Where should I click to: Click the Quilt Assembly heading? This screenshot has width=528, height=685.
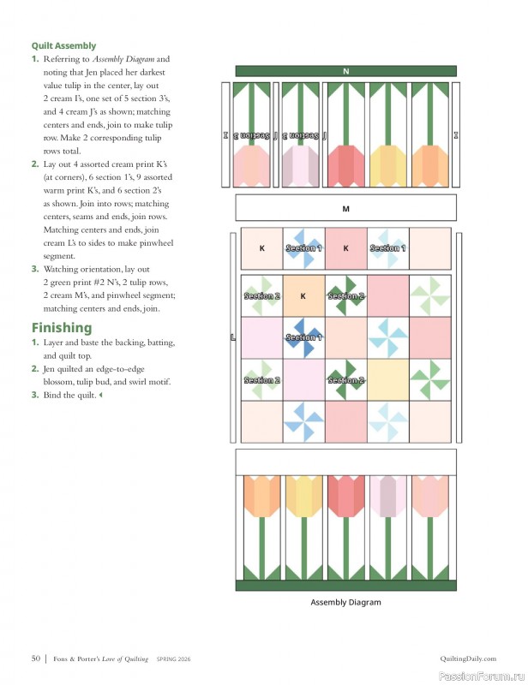click(63, 45)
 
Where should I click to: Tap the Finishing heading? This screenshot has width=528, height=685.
click(61, 327)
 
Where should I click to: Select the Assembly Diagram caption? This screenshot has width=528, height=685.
click(345, 602)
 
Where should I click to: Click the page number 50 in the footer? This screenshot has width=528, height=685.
click(36, 658)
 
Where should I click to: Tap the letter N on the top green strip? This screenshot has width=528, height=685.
click(345, 71)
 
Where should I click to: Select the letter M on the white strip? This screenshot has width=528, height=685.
click(345, 208)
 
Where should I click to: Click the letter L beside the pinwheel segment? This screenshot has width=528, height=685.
click(232, 337)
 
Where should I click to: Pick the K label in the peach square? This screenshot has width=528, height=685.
click(303, 296)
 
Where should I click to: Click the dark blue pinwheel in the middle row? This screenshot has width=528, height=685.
click(303, 337)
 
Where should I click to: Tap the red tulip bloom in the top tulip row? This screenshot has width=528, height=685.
click(345, 165)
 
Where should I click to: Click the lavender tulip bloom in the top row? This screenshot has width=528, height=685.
click(302, 165)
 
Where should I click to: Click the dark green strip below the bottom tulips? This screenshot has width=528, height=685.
click(345, 586)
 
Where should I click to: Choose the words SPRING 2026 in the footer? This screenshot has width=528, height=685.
click(174, 658)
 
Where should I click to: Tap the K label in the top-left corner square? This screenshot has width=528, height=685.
click(261, 248)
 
